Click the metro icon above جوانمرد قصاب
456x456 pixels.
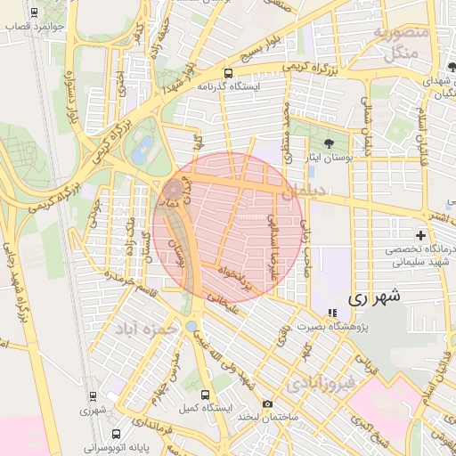tap(34, 12)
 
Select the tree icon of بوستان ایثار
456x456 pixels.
tap(329, 142)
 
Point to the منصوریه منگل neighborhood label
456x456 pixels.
tap(401, 42)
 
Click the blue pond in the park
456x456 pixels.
tap(141, 149)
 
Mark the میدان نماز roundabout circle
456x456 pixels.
tap(171, 190)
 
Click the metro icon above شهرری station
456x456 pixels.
tap(93, 396)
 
